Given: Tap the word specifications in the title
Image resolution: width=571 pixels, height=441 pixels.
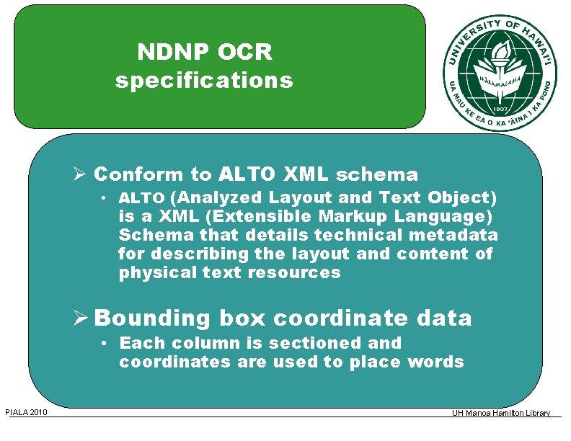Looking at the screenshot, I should pyautogui.click(x=204, y=80).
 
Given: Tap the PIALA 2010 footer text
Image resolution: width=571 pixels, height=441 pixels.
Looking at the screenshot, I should pyautogui.click(x=26, y=412).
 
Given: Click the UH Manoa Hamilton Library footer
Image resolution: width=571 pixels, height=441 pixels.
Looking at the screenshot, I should pyautogui.click(x=501, y=413).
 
